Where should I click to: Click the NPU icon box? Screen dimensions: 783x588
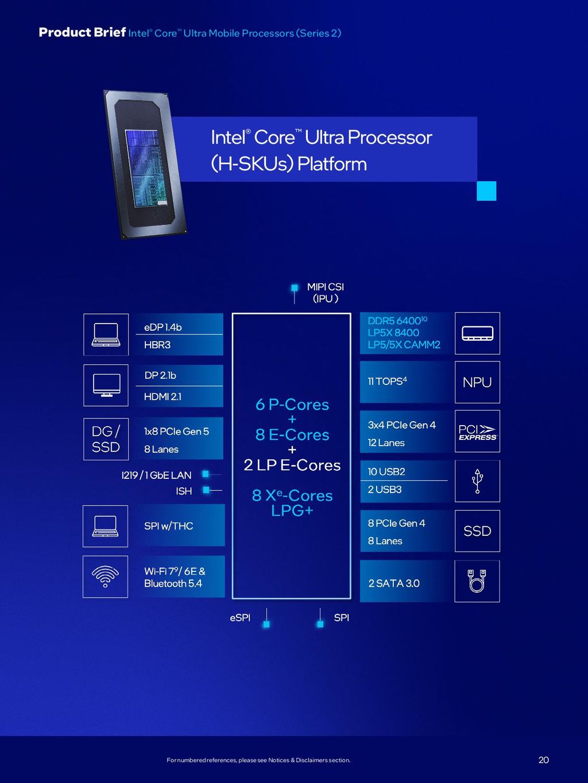point(477,382)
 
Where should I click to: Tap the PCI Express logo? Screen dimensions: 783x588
point(477,432)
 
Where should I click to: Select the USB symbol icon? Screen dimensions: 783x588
point(477,481)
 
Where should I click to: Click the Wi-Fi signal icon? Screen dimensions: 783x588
point(105,576)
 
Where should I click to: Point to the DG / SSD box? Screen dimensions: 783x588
point(106,439)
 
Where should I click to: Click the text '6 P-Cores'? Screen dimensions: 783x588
point(292,405)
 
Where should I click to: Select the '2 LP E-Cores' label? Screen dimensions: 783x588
point(292,465)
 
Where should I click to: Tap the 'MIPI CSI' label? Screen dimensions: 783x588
point(325,287)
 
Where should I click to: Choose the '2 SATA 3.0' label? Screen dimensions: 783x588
point(394,583)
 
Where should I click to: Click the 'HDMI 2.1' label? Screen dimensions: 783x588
point(163,396)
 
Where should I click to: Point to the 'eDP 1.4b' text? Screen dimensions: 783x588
point(163,328)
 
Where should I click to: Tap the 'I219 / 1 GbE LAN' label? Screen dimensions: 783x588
point(156,475)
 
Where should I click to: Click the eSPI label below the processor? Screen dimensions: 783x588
point(240,618)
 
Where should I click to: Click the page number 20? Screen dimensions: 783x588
point(543,760)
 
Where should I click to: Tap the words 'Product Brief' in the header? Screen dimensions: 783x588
point(82,33)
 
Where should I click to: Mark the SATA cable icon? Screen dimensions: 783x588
point(477,581)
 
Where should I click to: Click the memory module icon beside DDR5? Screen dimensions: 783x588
point(477,333)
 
